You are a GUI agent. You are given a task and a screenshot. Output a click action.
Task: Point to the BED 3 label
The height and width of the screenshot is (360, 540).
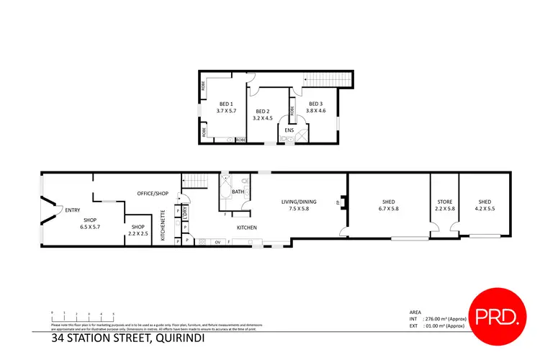click(316, 103)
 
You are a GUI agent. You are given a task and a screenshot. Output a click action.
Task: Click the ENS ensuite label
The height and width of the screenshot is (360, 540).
click(289, 130)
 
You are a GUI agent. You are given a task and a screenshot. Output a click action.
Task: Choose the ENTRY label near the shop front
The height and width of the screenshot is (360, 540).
click(72, 210)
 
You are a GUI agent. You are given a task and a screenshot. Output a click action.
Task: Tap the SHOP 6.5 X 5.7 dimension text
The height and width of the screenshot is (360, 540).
click(90, 227)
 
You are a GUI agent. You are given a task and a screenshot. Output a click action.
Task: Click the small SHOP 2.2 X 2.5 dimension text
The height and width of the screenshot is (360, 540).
click(138, 234)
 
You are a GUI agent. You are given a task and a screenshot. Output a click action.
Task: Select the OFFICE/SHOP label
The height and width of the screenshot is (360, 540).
click(152, 193)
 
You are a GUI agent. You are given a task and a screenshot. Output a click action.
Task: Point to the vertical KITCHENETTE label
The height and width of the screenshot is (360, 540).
click(163, 227)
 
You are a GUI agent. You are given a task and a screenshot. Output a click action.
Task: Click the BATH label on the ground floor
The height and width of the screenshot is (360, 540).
click(237, 192)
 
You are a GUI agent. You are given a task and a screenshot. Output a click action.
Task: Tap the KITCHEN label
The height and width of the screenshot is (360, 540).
click(248, 228)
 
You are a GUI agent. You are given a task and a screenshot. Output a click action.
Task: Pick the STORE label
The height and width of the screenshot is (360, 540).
click(445, 202)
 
